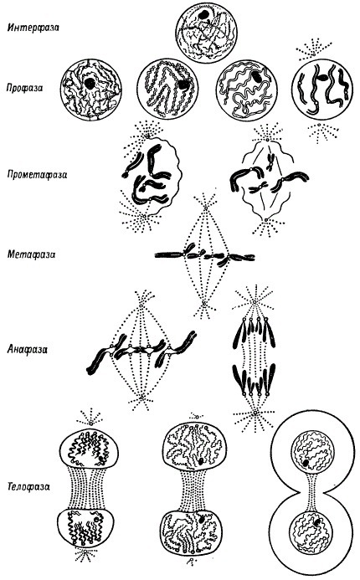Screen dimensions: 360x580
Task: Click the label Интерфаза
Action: click(33, 28)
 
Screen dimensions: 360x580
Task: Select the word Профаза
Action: click(24, 88)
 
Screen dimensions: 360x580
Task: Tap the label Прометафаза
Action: click(38, 174)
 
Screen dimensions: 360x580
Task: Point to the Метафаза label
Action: click(31, 254)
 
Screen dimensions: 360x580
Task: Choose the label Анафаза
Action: click(28, 349)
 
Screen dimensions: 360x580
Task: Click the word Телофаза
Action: click(28, 486)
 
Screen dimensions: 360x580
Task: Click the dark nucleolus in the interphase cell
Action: click(203, 15)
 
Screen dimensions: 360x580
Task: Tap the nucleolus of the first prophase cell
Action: click(90, 83)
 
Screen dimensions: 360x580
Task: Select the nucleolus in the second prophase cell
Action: click(183, 85)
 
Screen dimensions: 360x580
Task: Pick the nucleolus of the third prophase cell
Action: click(256, 76)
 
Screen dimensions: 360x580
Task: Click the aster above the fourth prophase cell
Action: click(313, 49)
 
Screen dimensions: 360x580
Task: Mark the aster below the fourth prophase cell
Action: click(322, 132)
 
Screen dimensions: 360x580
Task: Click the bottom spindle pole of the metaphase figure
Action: click(204, 305)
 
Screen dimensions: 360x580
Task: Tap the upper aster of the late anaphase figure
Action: click(255, 302)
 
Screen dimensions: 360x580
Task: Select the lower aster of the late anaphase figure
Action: click(255, 413)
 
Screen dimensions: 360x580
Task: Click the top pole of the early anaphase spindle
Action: click(141, 305)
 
